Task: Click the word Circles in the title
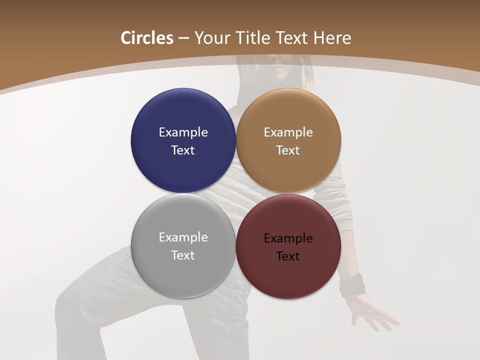[x=147, y=38]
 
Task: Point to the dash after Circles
[x=183, y=38]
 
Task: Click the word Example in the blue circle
[x=183, y=132]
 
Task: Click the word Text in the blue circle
[x=183, y=150]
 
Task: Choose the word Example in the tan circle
[x=288, y=132]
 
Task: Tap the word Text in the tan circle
[x=288, y=150]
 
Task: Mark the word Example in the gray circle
[x=183, y=237]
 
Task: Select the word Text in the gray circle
[x=183, y=255]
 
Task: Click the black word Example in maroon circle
[x=288, y=238]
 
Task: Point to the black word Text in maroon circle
[x=288, y=256]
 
